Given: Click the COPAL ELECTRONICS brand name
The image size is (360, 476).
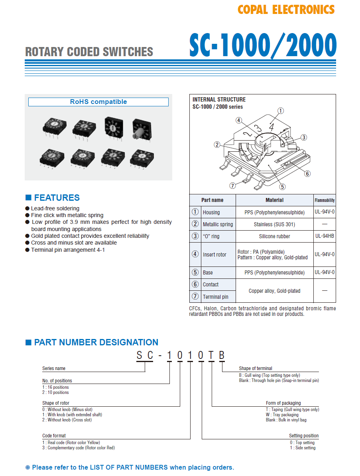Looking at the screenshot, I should (x=286, y=10).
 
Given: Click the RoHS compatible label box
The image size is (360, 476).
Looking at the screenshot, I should (x=98, y=102).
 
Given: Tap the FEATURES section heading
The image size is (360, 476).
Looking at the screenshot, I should (x=57, y=198).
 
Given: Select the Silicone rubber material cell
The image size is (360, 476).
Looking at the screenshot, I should (x=274, y=236).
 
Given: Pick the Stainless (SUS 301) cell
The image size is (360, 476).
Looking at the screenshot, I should (x=274, y=224).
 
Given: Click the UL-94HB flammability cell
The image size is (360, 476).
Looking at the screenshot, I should (x=325, y=236).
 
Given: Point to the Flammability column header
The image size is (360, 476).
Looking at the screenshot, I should (x=325, y=200).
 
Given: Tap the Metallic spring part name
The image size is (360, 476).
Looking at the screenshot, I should (x=218, y=224).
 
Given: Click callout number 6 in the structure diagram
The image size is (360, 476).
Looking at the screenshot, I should (x=307, y=173).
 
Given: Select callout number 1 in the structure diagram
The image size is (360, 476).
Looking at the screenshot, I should (x=281, y=111).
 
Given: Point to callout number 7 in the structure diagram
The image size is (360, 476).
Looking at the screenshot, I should (x=233, y=186).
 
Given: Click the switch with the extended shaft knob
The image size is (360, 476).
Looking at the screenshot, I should (x=141, y=128).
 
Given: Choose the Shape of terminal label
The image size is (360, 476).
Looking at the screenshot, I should (x=256, y=368).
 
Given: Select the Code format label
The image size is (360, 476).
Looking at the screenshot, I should (x=54, y=436).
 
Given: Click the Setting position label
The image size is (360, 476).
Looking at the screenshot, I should (x=304, y=436).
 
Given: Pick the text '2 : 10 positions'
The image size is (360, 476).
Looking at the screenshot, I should (x=55, y=392).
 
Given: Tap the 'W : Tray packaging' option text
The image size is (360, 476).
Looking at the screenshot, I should (x=282, y=415).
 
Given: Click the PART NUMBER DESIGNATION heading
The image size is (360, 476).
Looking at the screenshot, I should (x=96, y=342).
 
